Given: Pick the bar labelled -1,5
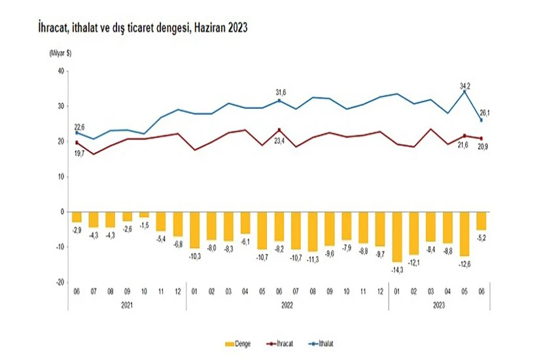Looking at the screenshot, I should click(x=144, y=215).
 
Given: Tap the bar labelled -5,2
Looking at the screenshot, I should click(x=481, y=221).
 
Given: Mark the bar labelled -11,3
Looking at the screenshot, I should click(x=312, y=231).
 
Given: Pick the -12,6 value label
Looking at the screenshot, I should click(x=464, y=264).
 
